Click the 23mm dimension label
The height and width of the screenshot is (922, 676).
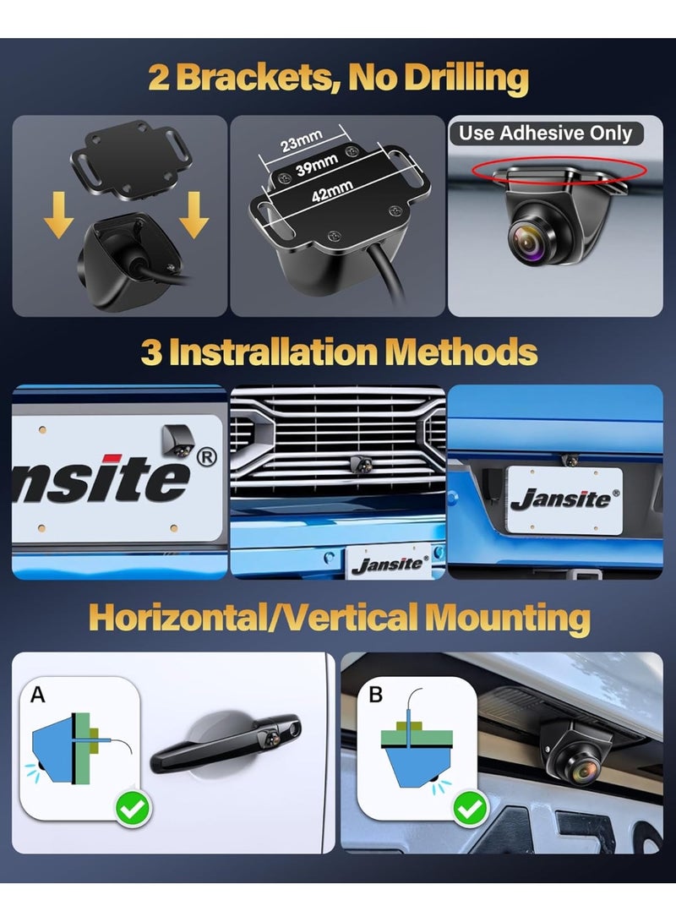301,141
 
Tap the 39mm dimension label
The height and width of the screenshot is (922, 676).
317,166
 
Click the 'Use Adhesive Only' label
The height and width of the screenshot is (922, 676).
546,133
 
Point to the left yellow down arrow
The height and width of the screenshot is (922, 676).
59,215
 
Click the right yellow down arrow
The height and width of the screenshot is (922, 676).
194,215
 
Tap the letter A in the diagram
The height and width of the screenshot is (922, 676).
38,695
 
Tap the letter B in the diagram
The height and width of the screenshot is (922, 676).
376,695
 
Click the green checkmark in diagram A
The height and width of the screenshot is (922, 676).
134,809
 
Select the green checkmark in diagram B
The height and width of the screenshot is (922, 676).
471,809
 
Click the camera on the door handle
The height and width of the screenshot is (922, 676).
271,735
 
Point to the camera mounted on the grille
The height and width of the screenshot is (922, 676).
360,464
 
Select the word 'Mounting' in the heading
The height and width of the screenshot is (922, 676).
508,619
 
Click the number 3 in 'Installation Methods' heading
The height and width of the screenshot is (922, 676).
150,352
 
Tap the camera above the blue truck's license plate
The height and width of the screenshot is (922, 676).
570,460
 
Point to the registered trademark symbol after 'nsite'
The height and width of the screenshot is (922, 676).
206,457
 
